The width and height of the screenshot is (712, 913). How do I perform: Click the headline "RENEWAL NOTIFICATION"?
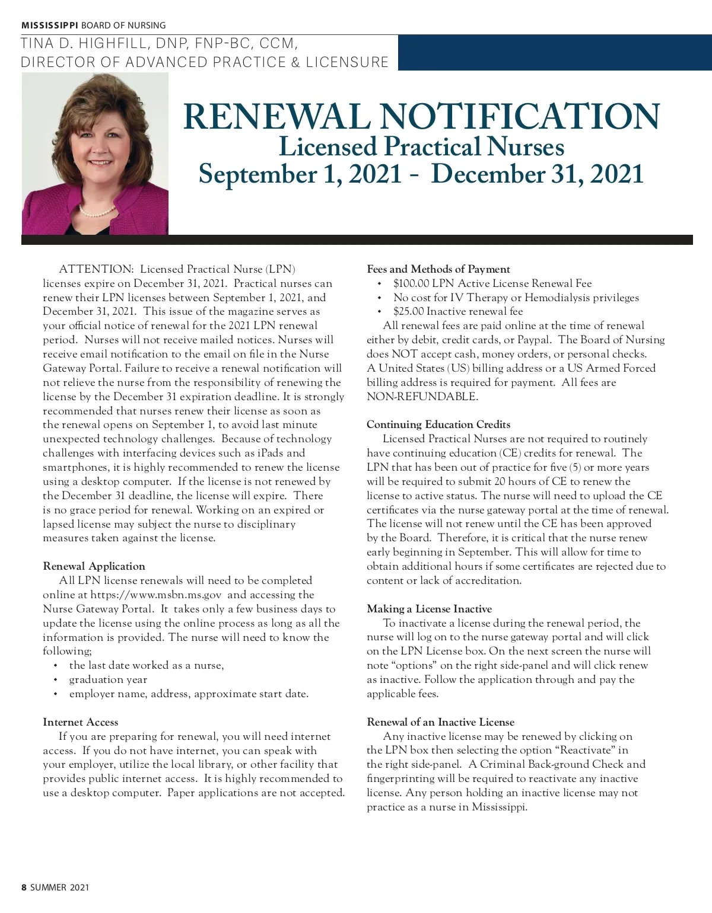click(421, 116)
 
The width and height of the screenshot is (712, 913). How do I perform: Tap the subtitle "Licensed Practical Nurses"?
click(421, 147)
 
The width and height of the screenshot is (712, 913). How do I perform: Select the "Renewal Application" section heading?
click(94, 566)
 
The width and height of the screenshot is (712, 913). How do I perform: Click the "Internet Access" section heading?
click(81, 722)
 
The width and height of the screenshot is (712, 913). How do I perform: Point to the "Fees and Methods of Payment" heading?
click(438, 269)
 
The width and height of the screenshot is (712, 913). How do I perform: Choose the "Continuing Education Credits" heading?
click(438, 424)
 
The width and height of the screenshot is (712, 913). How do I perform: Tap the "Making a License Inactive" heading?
click(429, 609)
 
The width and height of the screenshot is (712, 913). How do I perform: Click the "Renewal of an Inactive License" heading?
click(440, 722)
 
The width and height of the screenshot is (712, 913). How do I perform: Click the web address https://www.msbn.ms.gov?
click(156, 595)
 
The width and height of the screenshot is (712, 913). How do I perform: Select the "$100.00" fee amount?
click(411, 283)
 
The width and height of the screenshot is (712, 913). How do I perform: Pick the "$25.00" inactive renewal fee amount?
click(408, 311)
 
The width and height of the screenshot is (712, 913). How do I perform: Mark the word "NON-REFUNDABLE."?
click(422, 397)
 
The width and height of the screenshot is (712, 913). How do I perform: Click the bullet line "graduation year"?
click(108, 679)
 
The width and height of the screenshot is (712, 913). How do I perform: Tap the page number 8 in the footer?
click(24, 888)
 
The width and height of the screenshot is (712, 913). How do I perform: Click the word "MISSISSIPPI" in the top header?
click(50, 25)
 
